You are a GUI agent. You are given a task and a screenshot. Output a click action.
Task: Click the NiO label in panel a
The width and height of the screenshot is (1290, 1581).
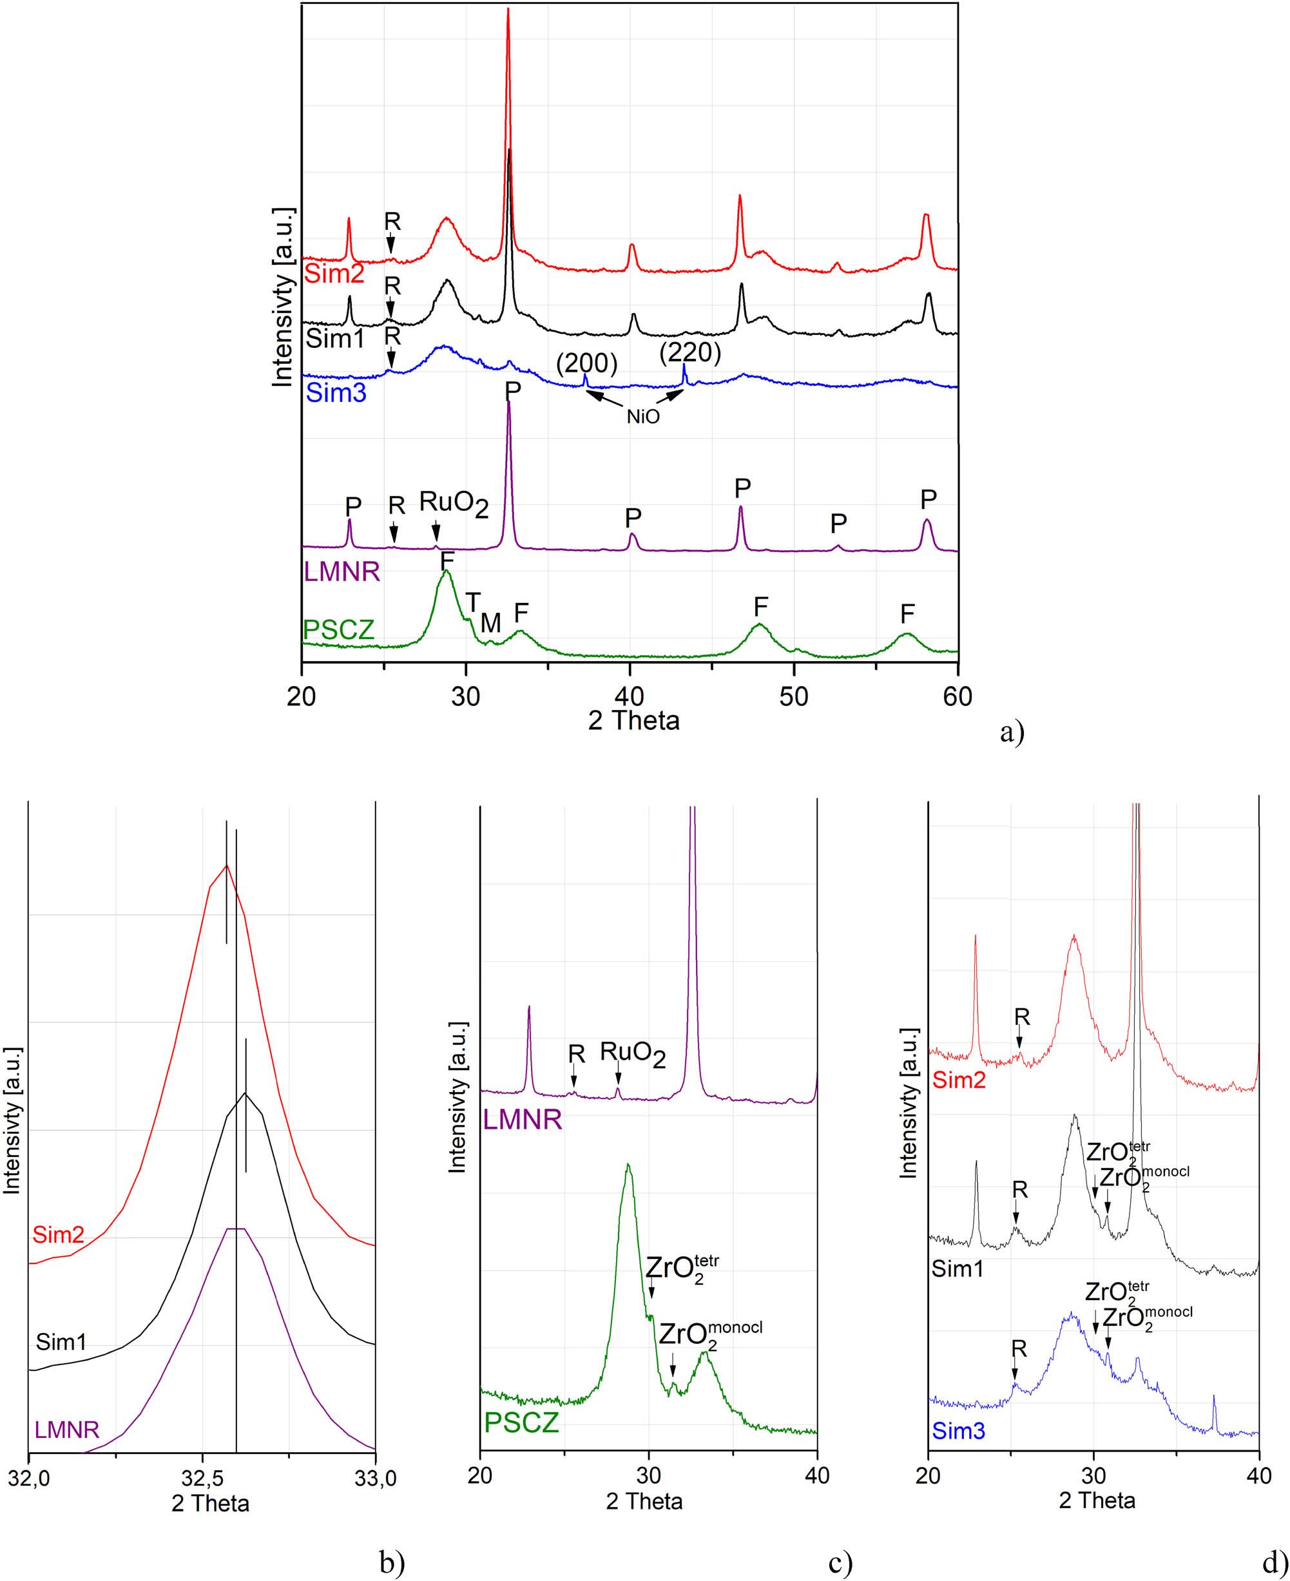point(643,416)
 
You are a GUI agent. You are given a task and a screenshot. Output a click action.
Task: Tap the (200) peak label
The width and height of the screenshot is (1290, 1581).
point(587,363)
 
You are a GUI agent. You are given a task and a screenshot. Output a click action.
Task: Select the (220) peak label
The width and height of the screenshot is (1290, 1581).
point(690,353)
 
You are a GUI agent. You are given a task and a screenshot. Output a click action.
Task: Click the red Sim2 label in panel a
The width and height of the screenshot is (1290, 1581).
point(334,274)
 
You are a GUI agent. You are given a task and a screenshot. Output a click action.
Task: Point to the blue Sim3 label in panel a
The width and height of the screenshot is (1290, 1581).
point(336,392)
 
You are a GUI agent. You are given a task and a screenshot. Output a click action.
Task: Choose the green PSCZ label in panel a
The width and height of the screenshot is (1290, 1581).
point(339,630)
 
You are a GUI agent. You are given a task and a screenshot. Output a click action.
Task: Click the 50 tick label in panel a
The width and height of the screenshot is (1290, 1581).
point(794,697)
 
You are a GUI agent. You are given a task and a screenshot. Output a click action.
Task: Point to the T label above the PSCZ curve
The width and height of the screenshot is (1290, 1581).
point(472,602)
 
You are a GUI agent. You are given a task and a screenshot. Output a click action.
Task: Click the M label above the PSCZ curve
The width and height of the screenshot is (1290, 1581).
point(490,622)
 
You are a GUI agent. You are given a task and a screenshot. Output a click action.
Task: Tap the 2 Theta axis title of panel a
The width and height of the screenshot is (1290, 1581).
point(634,721)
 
